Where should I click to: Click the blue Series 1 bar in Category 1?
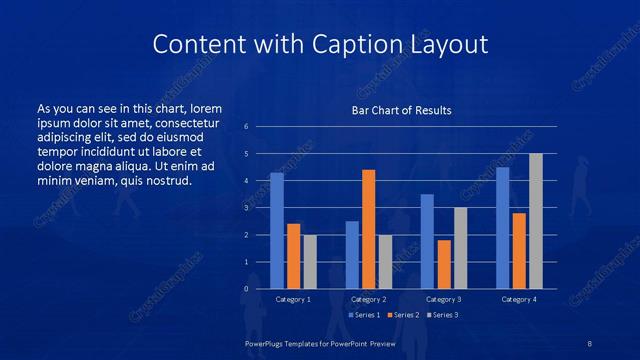click(x=277, y=230)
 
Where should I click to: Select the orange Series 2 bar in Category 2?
click(x=368, y=229)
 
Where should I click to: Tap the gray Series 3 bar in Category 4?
click(x=535, y=221)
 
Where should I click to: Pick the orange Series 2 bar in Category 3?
click(x=443, y=264)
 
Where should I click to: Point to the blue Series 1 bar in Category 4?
click(x=502, y=227)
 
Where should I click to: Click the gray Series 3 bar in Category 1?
click(x=310, y=261)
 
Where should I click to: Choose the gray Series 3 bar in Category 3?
click(x=460, y=248)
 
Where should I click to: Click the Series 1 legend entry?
click(x=363, y=315)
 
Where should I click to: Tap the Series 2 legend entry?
click(x=401, y=315)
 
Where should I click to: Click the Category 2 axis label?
click(x=368, y=299)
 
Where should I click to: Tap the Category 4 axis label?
click(x=518, y=299)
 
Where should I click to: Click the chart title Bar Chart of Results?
click(x=402, y=110)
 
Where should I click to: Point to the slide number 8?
click(x=590, y=342)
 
